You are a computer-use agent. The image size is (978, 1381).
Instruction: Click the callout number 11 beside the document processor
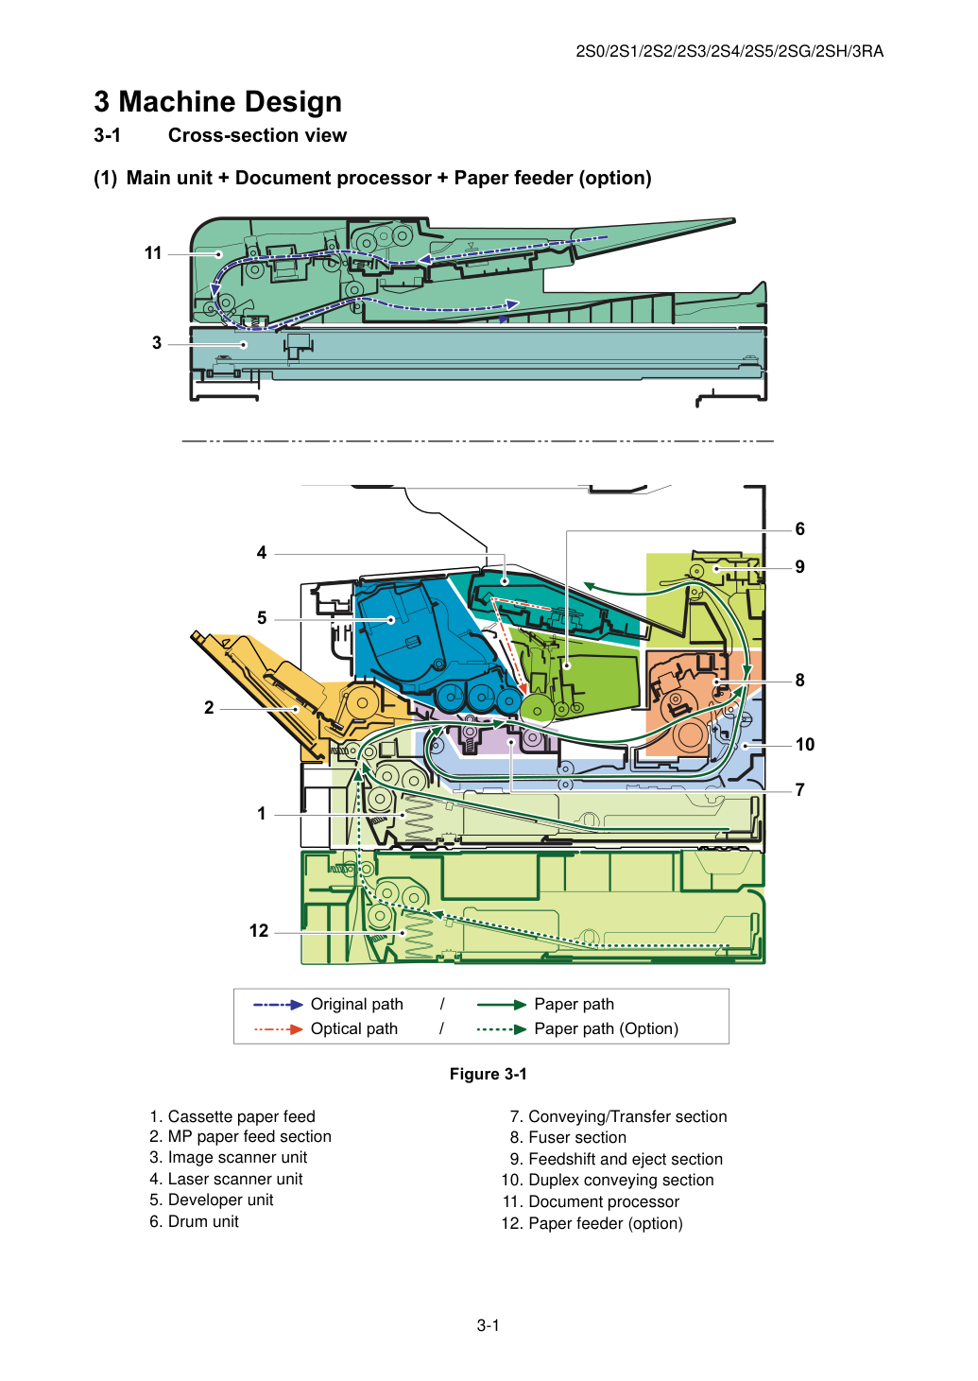tap(153, 253)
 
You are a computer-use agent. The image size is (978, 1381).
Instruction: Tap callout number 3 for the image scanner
tap(157, 343)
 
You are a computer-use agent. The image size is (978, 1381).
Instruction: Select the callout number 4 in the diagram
tap(262, 552)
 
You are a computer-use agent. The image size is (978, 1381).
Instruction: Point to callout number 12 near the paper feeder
tap(259, 930)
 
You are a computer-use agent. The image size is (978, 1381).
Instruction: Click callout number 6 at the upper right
tap(800, 529)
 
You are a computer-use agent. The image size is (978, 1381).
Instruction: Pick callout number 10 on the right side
tap(805, 744)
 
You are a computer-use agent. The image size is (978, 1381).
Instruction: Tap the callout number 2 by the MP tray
tap(209, 708)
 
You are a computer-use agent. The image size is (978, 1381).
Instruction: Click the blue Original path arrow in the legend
tap(278, 1005)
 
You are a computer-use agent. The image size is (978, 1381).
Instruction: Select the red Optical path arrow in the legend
tap(278, 1029)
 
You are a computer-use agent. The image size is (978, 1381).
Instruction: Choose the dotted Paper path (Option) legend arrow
tap(502, 1029)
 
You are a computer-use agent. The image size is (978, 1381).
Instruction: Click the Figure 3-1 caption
tap(489, 1074)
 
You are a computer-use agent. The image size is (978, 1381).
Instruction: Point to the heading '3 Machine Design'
tap(217, 102)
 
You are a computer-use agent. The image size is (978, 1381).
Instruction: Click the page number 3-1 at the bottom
tap(489, 1325)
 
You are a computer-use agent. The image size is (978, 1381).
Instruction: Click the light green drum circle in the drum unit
tap(538, 708)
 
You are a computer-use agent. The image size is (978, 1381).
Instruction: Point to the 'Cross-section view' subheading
tap(258, 135)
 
